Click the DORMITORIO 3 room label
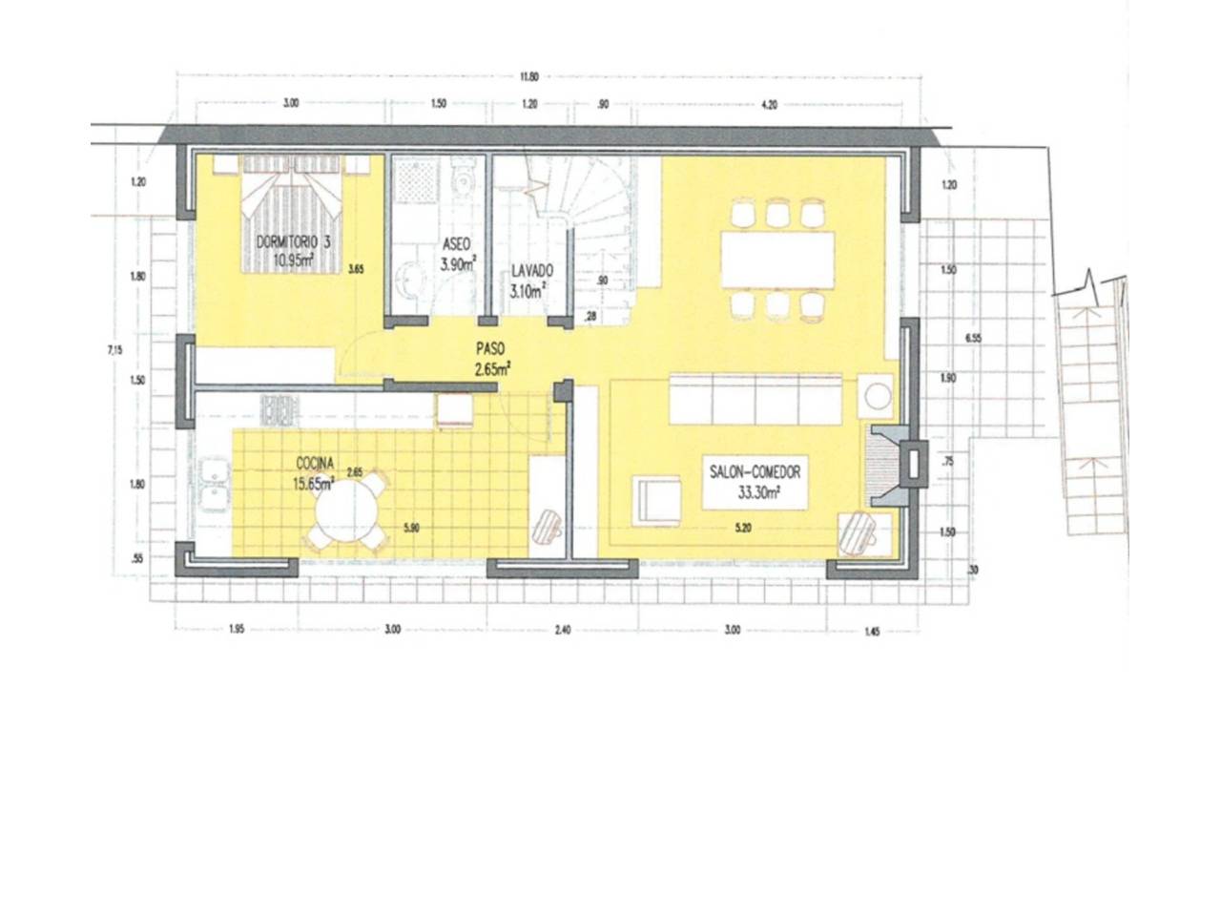tap(294, 250)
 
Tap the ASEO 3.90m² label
tap(458, 254)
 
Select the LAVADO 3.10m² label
tap(529, 281)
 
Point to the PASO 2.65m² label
tap(491, 360)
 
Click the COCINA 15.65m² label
tap(314, 473)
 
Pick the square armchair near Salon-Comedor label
tap(657, 501)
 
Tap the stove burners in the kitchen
tap(279, 411)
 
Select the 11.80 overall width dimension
tap(528, 77)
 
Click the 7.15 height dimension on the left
tap(115, 350)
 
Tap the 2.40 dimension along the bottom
tap(562, 630)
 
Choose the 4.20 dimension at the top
tap(770, 105)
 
